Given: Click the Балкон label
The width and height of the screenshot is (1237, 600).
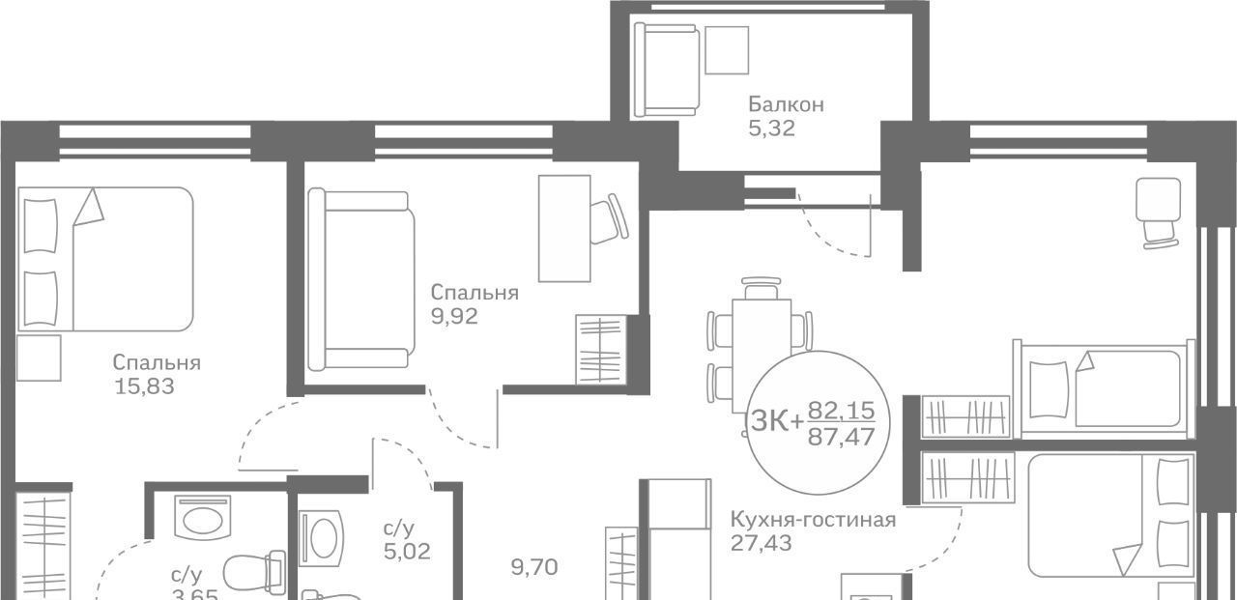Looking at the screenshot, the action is click(786, 104).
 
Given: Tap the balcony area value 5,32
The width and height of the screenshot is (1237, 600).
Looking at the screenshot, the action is click(771, 129).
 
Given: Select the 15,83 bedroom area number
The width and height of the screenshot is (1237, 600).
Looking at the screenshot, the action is click(145, 386).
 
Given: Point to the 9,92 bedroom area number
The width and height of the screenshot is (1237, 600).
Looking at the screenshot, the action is click(454, 317).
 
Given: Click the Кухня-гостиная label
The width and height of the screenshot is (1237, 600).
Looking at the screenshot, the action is click(813, 520).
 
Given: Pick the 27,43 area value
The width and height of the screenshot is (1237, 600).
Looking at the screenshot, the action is click(761, 544).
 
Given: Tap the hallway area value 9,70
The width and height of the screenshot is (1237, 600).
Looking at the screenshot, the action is click(534, 567).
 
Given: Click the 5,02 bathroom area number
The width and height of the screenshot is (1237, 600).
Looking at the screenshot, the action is click(407, 552).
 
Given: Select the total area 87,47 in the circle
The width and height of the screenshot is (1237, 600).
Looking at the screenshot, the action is click(841, 438).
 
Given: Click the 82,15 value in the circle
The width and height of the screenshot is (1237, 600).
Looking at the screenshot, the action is click(841, 411).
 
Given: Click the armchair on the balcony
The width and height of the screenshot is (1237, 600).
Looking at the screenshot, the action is click(667, 71).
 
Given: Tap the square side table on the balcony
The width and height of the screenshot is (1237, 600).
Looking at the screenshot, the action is click(727, 50).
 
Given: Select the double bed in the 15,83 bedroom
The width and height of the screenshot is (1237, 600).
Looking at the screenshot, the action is click(105, 259).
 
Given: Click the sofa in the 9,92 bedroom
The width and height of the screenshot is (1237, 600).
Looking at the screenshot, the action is click(361, 279).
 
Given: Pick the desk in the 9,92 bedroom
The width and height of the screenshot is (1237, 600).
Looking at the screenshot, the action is click(564, 229).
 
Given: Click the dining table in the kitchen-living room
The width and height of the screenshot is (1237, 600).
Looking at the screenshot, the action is click(762, 356).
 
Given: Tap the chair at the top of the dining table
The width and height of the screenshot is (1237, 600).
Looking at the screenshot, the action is click(762, 288).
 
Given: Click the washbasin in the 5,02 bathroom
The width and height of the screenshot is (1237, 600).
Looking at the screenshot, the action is click(321, 538).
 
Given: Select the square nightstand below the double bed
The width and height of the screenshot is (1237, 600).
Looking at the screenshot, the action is click(39, 357).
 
